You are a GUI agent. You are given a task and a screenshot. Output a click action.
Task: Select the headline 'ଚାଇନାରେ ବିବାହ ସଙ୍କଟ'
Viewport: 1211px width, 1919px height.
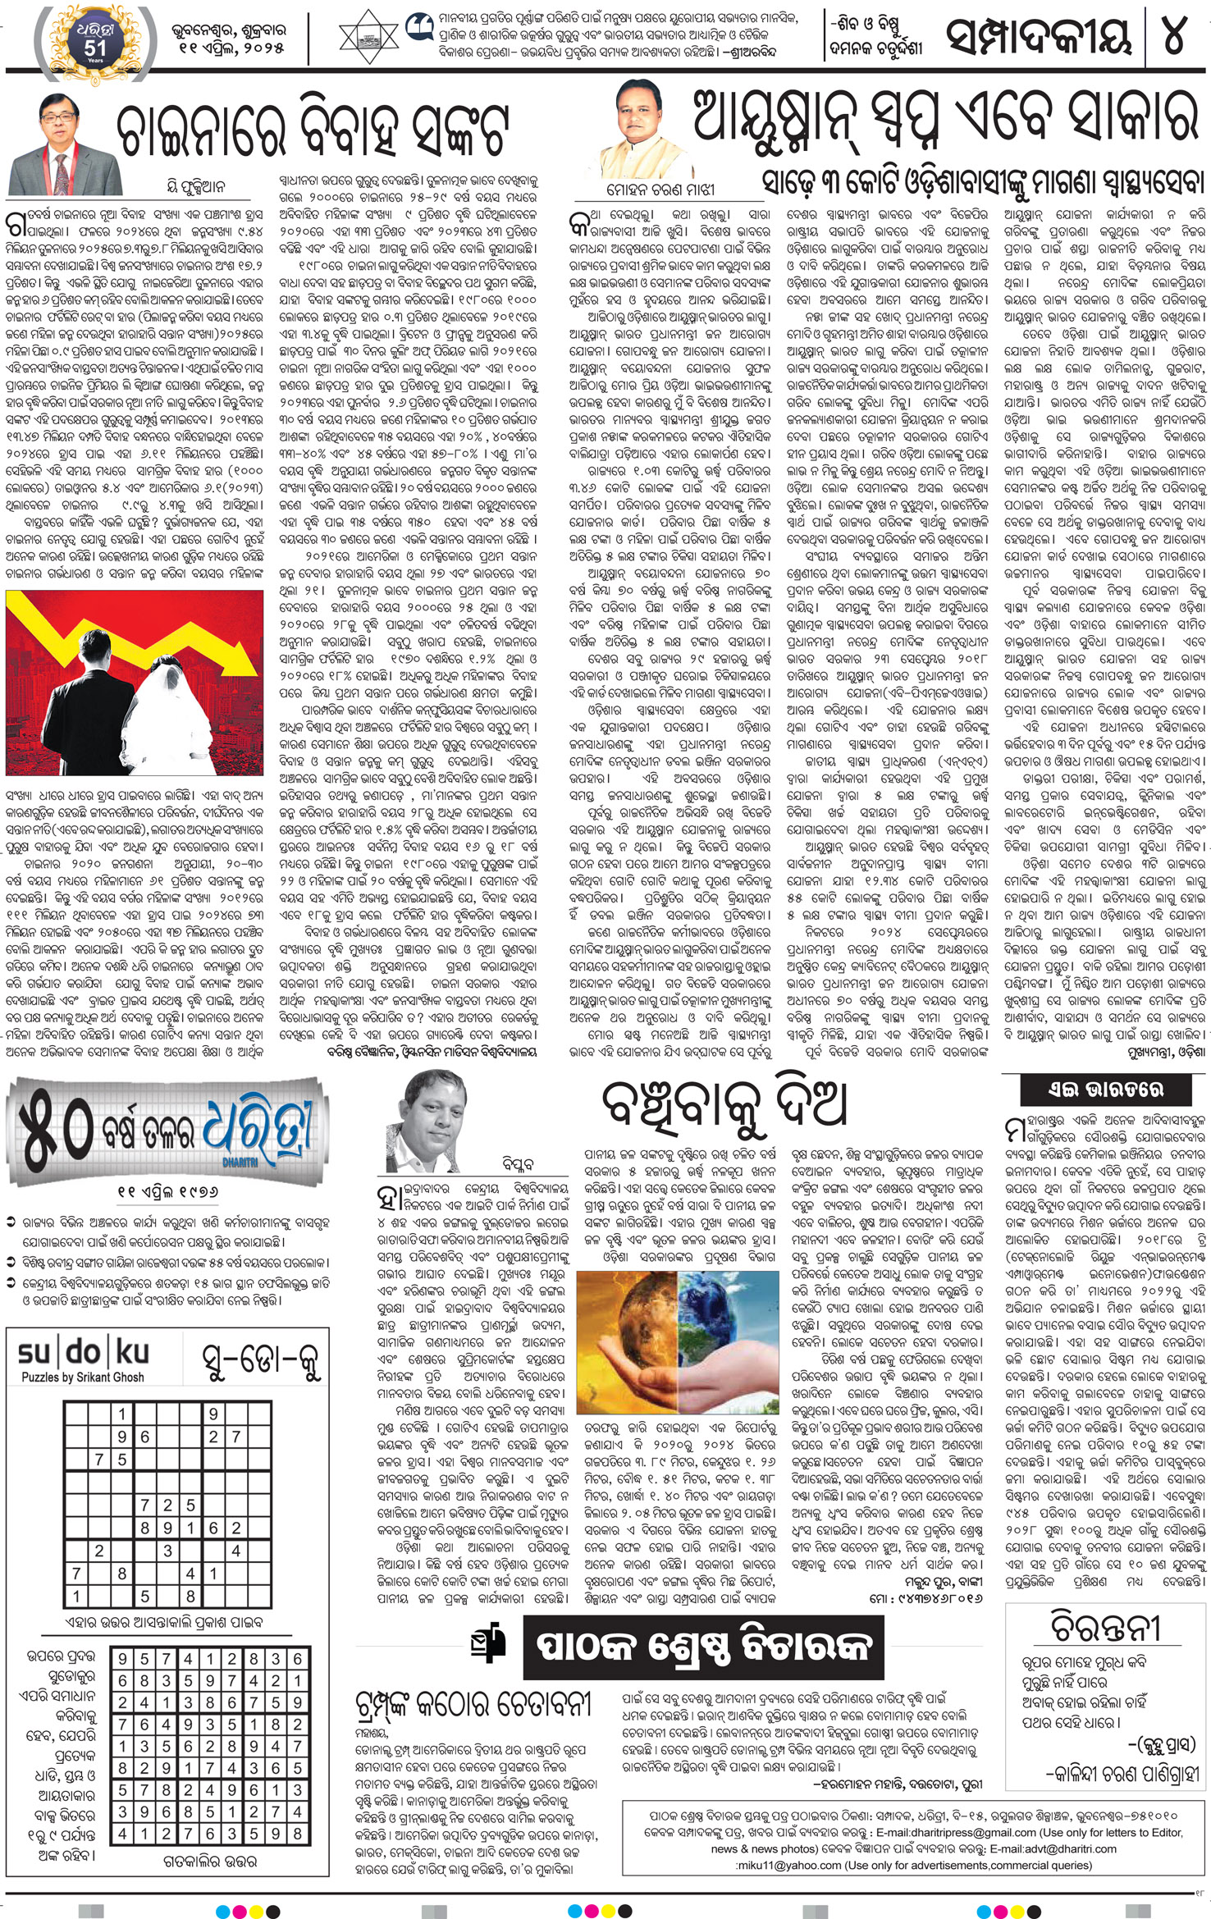[x=312, y=131]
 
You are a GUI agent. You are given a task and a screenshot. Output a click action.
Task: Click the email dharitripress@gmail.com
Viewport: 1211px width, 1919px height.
[x=964, y=1832]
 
